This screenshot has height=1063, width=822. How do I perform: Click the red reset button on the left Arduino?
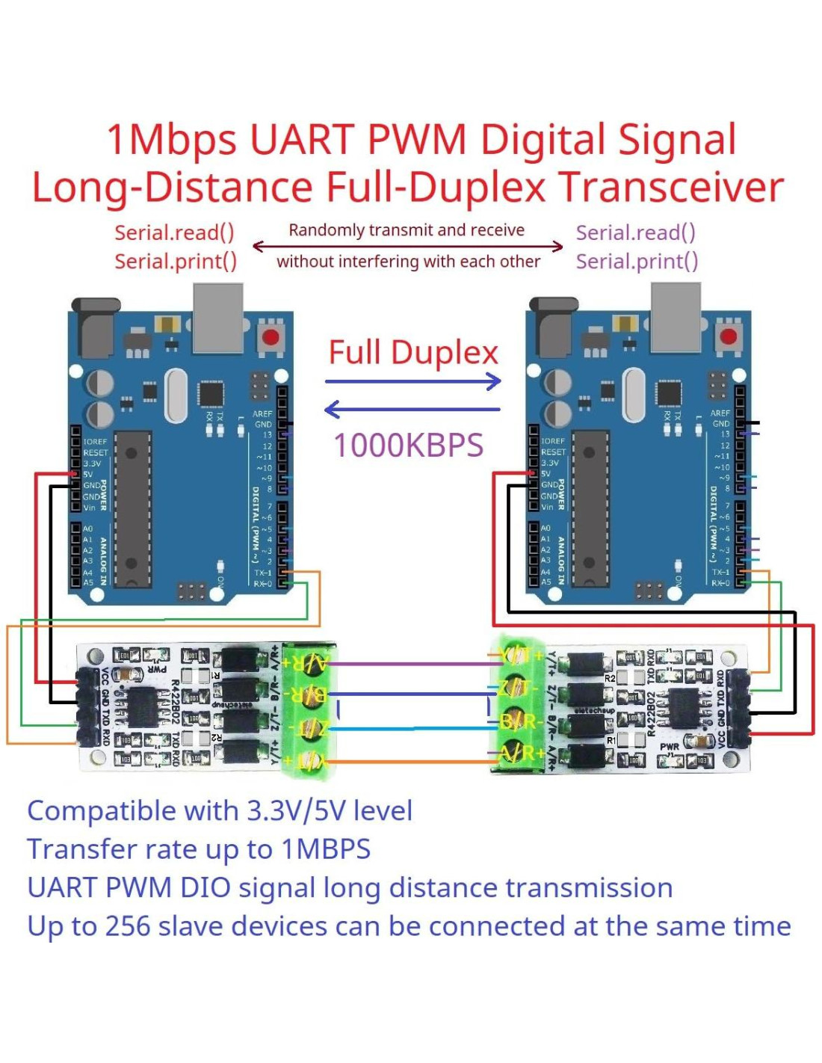click(x=271, y=336)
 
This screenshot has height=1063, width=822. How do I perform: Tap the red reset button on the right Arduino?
click(x=728, y=336)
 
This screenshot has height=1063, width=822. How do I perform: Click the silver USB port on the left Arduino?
click(x=217, y=318)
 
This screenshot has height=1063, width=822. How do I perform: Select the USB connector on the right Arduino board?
click(x=676, y=318)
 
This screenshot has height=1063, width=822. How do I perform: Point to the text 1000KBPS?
click(x=408, y=446)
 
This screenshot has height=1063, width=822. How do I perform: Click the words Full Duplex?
click(x=413, y=353)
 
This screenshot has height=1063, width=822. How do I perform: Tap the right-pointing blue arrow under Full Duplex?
click(x=413, y=382)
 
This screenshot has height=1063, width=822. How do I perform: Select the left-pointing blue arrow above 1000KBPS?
click(x=412, y=409)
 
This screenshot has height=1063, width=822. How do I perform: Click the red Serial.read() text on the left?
click(x=174, y=232)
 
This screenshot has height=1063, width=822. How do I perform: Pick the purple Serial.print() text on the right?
click(x=637, y=262)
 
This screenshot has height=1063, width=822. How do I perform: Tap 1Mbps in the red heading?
click(x=172, y=140)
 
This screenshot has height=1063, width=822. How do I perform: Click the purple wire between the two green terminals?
click(x=410, y=663)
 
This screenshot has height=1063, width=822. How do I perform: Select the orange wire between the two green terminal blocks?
click(x=410, y=762)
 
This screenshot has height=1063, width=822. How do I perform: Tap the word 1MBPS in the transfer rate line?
click(x=326, y=850)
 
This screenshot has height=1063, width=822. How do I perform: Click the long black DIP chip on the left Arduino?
click(x=133, y=509)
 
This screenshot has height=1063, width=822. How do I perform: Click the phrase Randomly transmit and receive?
click(x=407, y=230)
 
